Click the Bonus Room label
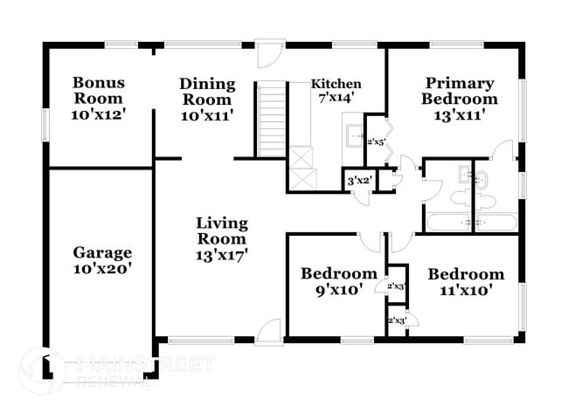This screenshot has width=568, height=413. click(x=99, y=91)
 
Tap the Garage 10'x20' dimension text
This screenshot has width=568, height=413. click(x=102, y=269)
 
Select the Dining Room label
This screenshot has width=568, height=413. click(x=207, y=92)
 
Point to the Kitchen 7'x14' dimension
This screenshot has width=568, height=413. click(x=336, y=98)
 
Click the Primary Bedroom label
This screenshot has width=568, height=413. click(x=460, y=91)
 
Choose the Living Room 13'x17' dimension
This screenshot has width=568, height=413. click(x=222, y=256)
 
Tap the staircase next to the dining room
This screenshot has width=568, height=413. click(x=271, y=120)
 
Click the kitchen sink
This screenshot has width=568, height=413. click(x=355, y=135)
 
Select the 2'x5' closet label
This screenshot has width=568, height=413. click(x=375, y=142)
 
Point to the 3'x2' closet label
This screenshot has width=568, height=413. click(x=360, y=180)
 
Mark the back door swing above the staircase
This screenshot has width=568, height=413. click(x=271, y=54)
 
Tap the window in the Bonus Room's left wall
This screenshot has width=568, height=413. click(x=45, y=125)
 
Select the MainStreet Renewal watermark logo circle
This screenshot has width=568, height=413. click(x=43, y=370)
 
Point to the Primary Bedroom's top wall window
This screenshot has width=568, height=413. click(x=456, y=45)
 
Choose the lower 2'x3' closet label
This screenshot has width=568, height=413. click(x=397, y=320)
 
